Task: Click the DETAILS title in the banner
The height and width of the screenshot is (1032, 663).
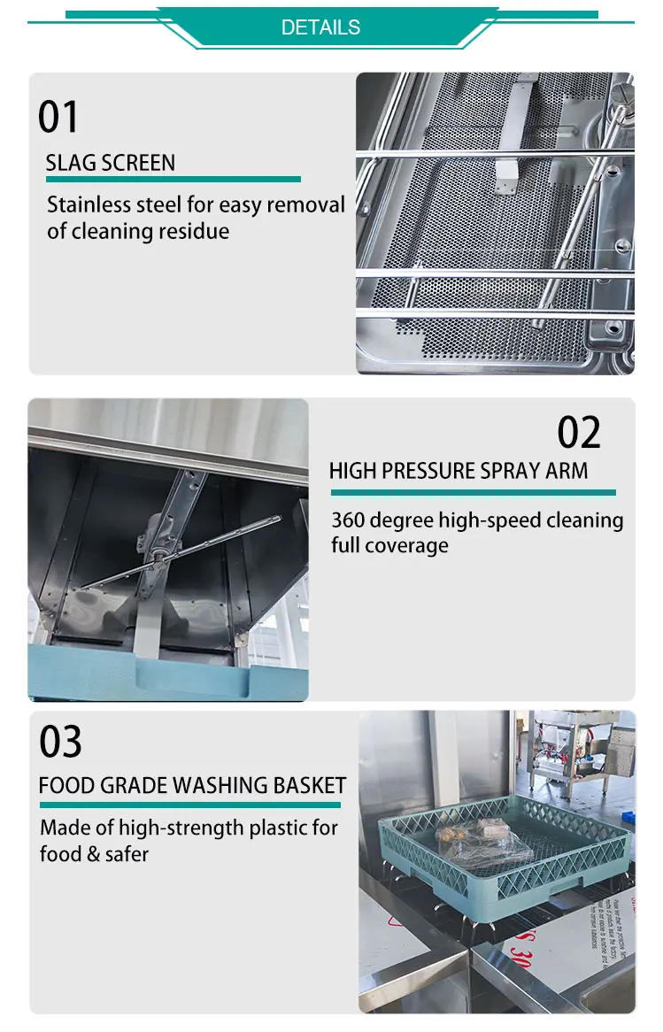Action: click(320, 27)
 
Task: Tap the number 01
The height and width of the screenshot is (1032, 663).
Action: click(58, 118)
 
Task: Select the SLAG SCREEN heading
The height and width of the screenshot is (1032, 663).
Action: click(111, 163)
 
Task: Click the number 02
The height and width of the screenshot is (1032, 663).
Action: click(579, 433)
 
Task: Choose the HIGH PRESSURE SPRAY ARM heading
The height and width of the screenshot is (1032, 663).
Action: click(459, 471)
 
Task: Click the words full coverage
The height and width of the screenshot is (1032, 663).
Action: click(389, 545)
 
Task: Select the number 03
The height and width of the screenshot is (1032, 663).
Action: click(60, 742)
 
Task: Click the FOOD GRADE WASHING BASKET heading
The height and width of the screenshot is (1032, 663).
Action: click(192, 785)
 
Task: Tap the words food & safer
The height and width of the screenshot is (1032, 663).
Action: click(94, 854)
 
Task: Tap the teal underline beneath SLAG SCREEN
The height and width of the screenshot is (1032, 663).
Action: click(173, 180)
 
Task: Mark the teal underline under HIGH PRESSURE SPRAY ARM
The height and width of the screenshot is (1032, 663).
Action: click(473, 492)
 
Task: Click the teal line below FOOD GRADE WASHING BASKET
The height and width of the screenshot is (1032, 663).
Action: click(189, 805)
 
